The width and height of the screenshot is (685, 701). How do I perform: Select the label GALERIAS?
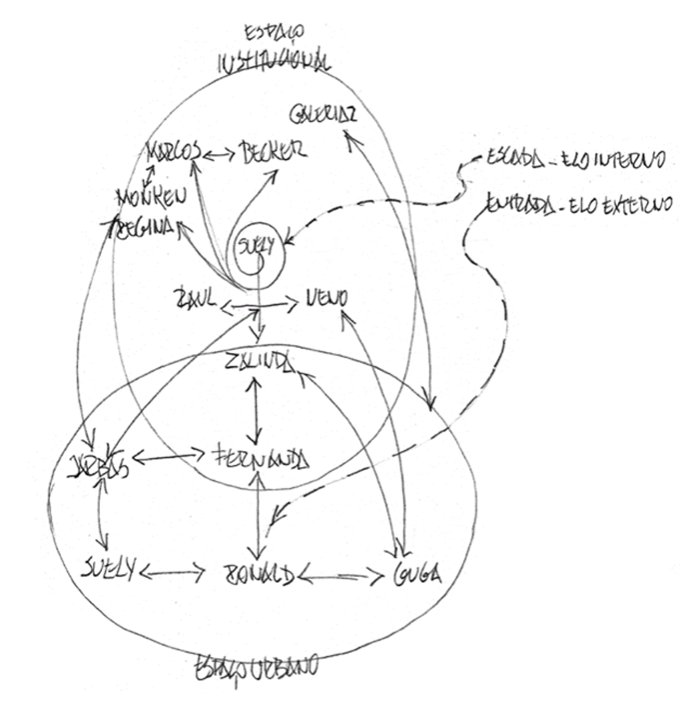tap(323, 115)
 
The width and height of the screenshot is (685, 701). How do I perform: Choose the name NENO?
tap(326, 299)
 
